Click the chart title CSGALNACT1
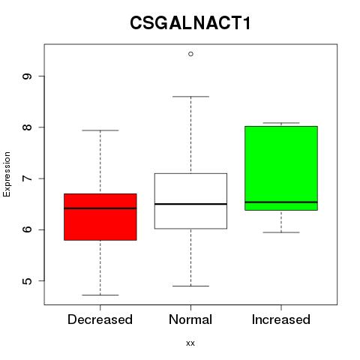(x=190, y=22)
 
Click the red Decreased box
(x=100, y=217)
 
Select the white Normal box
(x=190, y=201)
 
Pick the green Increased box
(x=281, y=168)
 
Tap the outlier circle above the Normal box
(x=190, y=54)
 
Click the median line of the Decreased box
(x=100, y=208)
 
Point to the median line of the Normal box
(x=190, y=204)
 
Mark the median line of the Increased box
(x=281, y=202)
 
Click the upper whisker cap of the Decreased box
(x=100, y=130)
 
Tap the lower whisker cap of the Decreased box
(x=100, y=295)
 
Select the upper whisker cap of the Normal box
(x=190, y=96)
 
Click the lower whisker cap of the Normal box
(x=190, y=286)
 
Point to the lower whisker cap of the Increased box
(x=281, y=232)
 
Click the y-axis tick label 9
(x=27, y=76)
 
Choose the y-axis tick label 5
(x=27, y=281)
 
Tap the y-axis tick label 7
(x=27, y=178)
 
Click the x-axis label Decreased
(x=100, y=319)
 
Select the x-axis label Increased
(x=281, y=319)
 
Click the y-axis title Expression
(x=7, y=174)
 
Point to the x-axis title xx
(x=190, y=343)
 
